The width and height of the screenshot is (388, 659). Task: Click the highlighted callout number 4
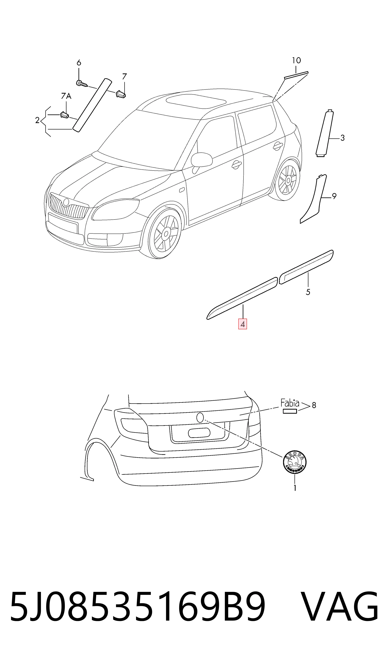(242, 324)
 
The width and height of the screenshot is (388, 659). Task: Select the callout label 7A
(66, 96)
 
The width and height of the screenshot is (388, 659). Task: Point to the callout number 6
(79, 63)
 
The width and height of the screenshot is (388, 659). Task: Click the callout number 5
(308, 292)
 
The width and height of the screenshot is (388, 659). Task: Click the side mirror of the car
(202, 160)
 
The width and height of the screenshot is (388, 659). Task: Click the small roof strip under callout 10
(296, 75)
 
